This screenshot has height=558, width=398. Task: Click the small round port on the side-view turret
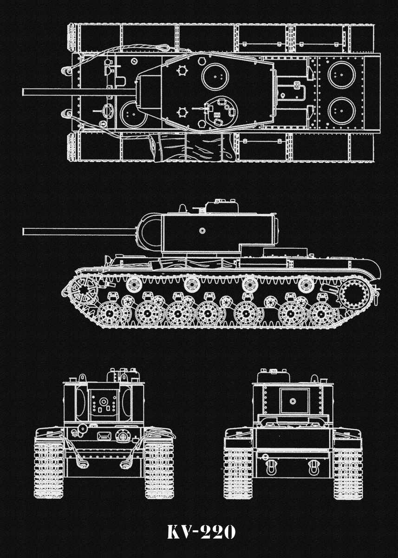tap(202, 231)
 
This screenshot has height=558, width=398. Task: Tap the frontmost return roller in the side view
tap(134, 284)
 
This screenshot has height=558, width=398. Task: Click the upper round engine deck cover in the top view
tap(341, 74)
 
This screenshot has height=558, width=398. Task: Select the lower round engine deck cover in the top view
tap(341, 111)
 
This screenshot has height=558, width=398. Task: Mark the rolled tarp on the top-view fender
tap(195, 148)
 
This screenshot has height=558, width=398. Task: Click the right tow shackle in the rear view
tap(314, 467)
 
